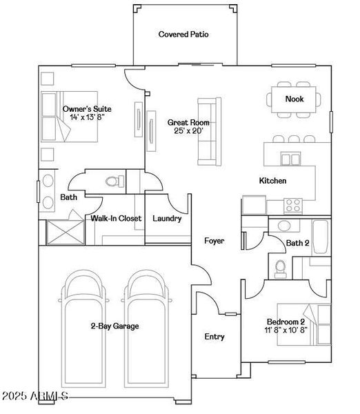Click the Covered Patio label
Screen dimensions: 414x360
click(183, 34)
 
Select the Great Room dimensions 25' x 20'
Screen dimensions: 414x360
click(188, 130)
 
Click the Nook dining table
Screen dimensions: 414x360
click(294, 99)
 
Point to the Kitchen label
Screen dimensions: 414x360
click(272, 181)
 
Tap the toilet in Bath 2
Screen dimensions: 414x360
click(280, 268)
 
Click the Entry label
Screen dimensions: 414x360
click(214, 337)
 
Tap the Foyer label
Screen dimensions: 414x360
click(214, 240)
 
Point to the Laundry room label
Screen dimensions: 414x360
click(167, 219)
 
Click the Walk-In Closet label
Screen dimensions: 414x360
click(116, 219)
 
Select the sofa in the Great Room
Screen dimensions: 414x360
click(207, 128)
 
